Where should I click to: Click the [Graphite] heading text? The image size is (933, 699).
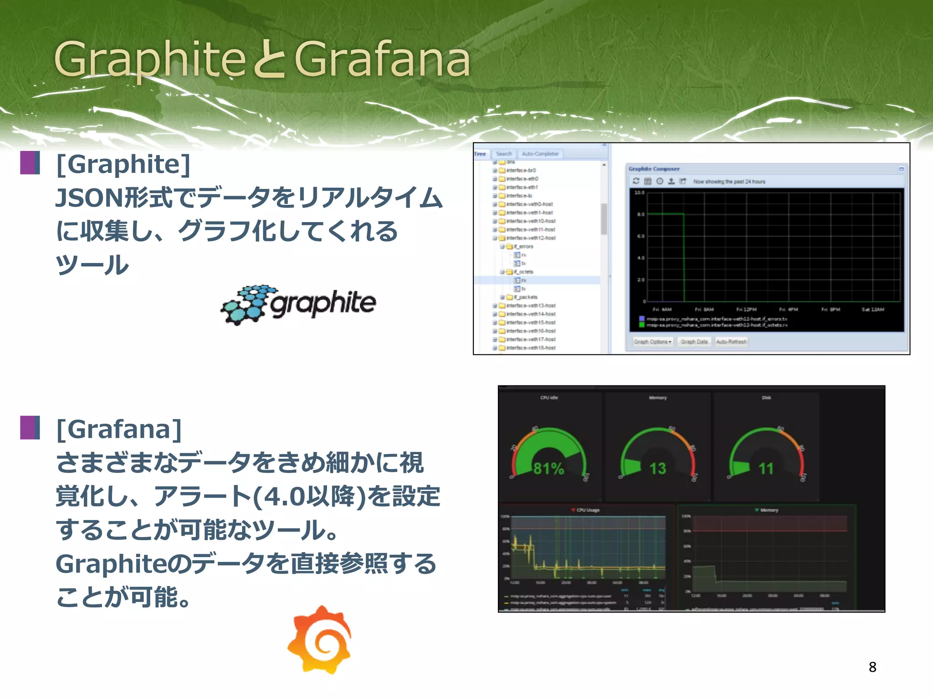coord(123,164)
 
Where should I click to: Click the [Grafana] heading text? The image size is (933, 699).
coord(119,429)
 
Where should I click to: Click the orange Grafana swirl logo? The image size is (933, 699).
coord(320,639)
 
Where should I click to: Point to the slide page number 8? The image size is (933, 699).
coord(872,667)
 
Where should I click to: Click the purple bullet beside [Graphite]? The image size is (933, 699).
coord(30,163)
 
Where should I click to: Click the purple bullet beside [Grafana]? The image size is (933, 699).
coord(30,427)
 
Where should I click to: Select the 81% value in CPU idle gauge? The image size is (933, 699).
coord(549,468)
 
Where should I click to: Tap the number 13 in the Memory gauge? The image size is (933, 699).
coord(657,468)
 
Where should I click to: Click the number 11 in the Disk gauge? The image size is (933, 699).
coord(766,468)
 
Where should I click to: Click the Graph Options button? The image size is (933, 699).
coord(652,342)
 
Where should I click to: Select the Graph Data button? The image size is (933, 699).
coord(694,342)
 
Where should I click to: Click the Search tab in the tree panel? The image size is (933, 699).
coord(504,154)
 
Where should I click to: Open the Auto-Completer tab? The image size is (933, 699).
coord(540,154)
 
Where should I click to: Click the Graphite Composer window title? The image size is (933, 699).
coord(654,169)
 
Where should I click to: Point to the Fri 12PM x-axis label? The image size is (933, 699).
coord(746,309)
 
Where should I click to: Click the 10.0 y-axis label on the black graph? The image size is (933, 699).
coord(639,192)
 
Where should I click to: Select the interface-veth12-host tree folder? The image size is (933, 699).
coord(531,238)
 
